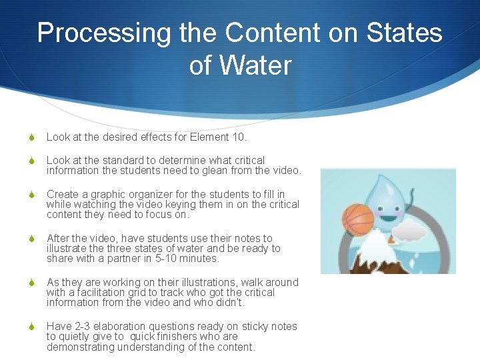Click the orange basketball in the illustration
(357, 219)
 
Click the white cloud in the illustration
(409, 231)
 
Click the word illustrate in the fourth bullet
(67, 248)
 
